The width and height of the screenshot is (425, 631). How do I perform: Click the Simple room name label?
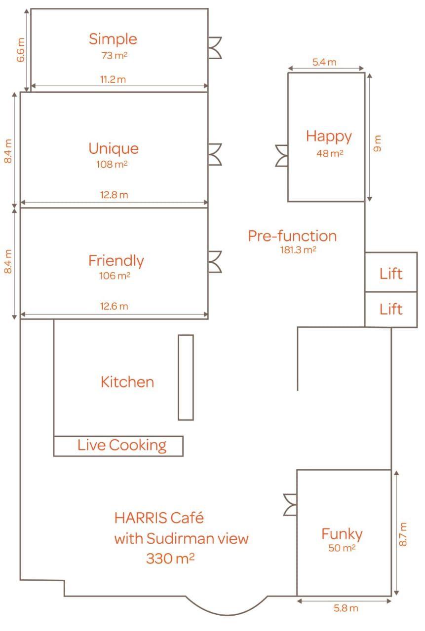(x=113, y=39)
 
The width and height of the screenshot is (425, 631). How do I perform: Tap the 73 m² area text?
(x=114, y=56)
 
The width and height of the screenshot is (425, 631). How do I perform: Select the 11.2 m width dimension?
(x=113, y=79)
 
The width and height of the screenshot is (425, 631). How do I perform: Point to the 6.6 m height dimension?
(x=21, y=50)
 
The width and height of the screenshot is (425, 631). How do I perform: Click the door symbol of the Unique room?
(x=215, y=154)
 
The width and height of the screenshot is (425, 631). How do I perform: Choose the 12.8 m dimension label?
(x=114, y=195)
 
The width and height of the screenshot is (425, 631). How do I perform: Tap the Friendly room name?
(x=116, y=261)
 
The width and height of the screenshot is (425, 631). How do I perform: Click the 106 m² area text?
(x=115, y=276)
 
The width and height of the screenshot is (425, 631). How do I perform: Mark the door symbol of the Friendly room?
(x=215, y=262)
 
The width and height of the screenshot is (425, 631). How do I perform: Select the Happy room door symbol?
(x=282, y=156)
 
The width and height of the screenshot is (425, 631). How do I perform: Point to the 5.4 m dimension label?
(x=324, y=62)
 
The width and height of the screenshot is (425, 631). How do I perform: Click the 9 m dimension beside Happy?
(x=377, y=143)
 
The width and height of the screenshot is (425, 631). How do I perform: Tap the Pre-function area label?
(x=292, y=236)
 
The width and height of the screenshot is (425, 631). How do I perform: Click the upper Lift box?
(x=391, y=272)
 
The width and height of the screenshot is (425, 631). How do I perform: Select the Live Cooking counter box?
(x=118, y=446)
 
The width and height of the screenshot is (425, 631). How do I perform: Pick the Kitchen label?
(x=127, y=382)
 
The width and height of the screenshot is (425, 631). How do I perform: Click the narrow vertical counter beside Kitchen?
(x=186, y=378)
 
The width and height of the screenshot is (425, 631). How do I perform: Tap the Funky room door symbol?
(x=290, y=505)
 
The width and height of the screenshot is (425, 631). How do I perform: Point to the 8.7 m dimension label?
(x=403, y=534)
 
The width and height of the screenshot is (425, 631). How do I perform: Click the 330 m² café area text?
(x=170, y=558)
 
